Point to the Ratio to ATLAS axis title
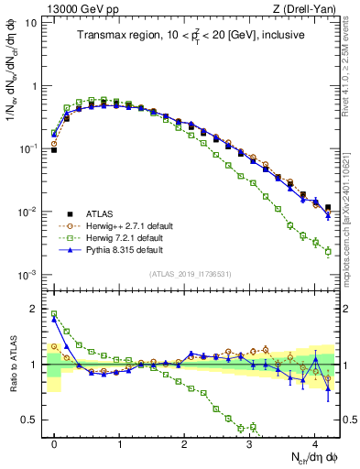click(13, 364)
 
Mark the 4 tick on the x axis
click(314, 444)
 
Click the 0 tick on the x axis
click(54, 444)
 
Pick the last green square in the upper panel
click(328, 251)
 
